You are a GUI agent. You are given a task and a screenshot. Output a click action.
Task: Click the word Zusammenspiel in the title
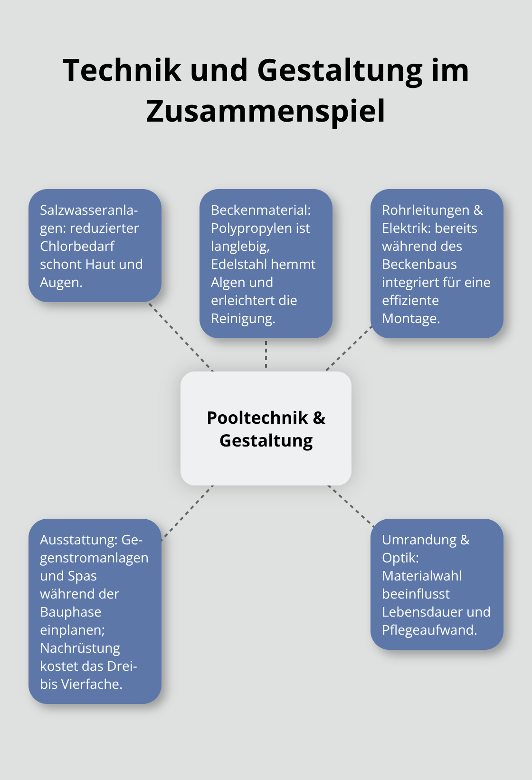(266, 111)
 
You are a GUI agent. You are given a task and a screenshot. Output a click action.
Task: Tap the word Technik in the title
(122, 70)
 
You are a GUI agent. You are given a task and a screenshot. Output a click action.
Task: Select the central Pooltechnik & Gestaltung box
(266, 428)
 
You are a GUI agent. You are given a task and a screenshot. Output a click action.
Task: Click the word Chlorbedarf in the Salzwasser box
(77, 246)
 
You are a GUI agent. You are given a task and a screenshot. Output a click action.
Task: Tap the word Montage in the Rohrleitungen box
(410, 318)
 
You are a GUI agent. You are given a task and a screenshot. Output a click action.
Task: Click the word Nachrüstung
(80, 648)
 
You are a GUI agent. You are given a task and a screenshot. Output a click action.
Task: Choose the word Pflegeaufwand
(428, 630)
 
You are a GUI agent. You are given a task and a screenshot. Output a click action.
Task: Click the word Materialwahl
(422, 576)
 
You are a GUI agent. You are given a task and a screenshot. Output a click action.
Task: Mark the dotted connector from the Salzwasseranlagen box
(181, 337)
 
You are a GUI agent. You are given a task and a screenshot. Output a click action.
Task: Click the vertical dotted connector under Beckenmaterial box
(266, 354)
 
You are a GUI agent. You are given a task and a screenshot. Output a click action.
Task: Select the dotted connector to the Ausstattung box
(187, 513)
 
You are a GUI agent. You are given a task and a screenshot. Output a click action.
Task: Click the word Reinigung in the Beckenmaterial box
(242, 318)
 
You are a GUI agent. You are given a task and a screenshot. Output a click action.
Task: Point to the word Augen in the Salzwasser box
(60, 282)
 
